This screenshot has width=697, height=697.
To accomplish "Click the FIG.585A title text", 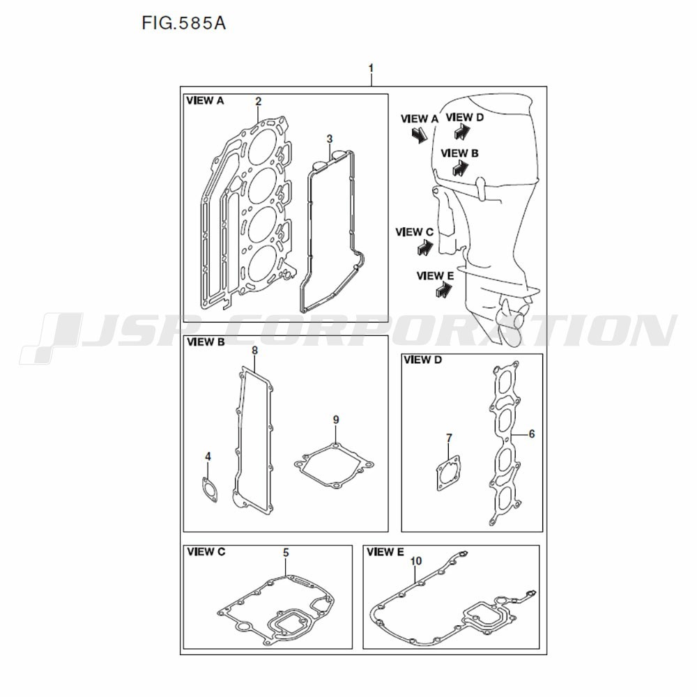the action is click(183, 23).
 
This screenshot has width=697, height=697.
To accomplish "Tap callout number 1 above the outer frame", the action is click(372, 68).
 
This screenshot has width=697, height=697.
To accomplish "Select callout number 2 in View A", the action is click(259, 101).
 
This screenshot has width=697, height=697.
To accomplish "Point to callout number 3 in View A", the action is click(330, 139).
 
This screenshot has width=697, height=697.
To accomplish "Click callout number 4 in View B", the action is click(208, 457).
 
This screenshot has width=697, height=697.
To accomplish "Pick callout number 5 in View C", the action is click(286, 553).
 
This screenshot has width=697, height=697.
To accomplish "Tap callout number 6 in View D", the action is click(532, 434).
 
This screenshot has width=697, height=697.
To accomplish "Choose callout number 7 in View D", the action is click(449, 438).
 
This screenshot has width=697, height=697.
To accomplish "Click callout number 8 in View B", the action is click(254, 351).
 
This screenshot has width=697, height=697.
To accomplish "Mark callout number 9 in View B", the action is click(336, 420).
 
